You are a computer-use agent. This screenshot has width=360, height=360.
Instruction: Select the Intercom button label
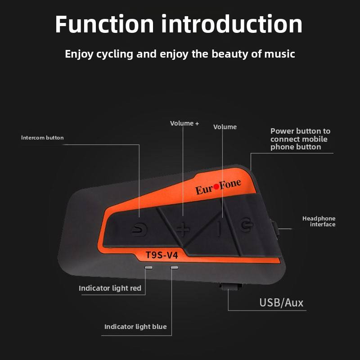coord(42,138)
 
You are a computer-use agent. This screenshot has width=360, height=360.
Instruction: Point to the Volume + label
coord(184,123)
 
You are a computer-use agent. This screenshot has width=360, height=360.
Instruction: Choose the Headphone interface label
coord(319,221)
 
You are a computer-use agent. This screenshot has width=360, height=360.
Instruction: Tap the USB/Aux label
coord(281,302)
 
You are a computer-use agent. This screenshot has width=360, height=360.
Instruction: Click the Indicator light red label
coord(110,288)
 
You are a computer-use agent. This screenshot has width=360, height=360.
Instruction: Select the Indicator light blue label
coord(135,327)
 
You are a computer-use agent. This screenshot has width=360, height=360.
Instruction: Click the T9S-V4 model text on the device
coord(162,255)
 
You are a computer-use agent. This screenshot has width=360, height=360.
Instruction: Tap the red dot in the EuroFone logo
coord(216,187)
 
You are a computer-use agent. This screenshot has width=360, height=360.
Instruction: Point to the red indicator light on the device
coord(148,267)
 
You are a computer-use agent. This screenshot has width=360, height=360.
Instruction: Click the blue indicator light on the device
coord(175,267)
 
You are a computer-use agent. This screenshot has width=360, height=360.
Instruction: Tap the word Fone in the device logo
coord(230,184)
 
